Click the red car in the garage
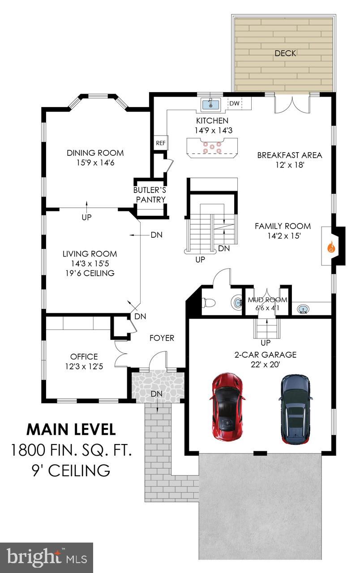227,406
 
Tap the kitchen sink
210,104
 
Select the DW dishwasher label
234,104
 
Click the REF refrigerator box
160,143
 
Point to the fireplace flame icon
332,247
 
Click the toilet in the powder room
208,303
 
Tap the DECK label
285,53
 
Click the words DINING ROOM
95,153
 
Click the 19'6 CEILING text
89,273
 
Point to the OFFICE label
84,357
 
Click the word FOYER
162,338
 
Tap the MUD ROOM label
267,300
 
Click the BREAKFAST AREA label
289,155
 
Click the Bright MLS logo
47,558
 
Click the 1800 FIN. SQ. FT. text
71,449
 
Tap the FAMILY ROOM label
283,226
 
